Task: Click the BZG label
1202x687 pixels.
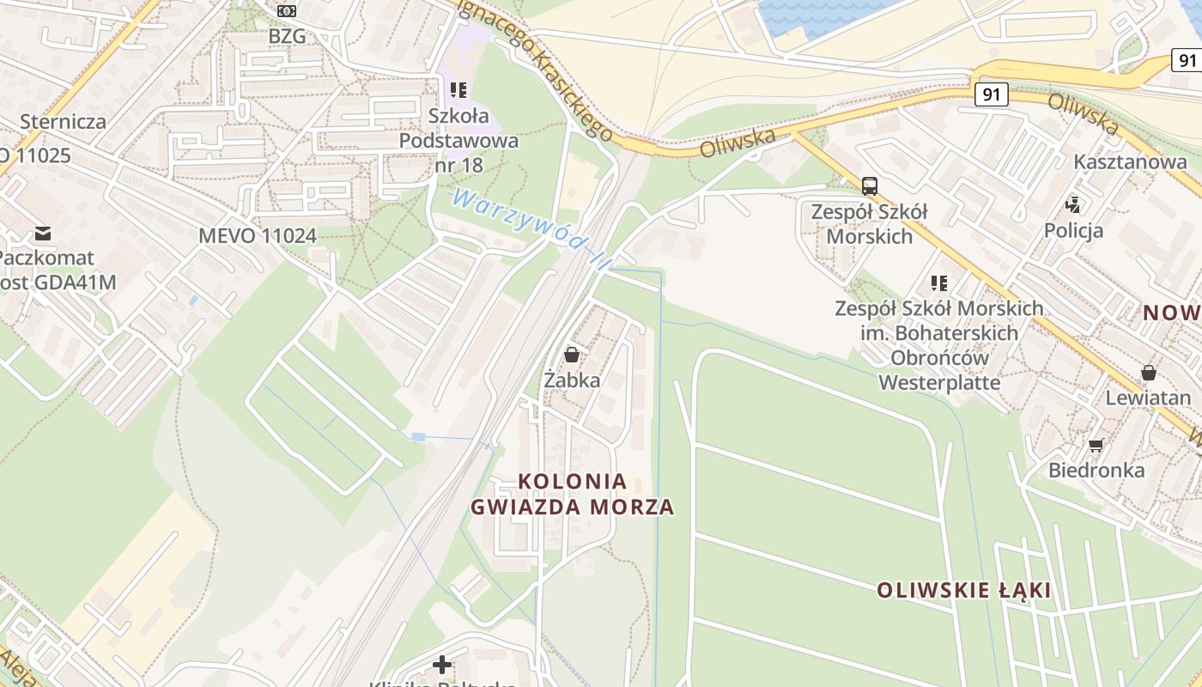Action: click(x=287, y=36)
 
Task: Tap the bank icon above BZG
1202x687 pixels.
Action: click(x=287, y=11)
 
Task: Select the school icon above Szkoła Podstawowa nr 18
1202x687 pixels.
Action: click(x=458, y=89)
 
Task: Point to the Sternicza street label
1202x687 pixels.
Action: click(x=63, y=121)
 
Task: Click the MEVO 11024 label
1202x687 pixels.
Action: click(x=258, y=235)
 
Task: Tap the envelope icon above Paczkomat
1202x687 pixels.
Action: click(x=42, y=233)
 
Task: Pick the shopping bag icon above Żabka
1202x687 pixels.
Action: click(x=572, y=354)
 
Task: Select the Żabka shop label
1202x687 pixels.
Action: click(x=572, y=380)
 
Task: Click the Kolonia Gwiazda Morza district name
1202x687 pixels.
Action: click(x=573, y=494)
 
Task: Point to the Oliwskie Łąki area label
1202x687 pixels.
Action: click(x=963, y=591)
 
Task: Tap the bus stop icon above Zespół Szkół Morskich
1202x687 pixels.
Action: click(x=869, y=185)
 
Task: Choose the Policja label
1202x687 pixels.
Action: click(x=1073, y=230)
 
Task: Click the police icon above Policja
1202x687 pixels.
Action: click(x=1073, y=204)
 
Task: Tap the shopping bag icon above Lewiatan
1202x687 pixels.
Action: click(x=1148, y=373)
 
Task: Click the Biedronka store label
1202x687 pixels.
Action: click(x=1096, y=471)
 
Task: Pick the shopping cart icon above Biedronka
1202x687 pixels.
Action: click(x=1096, y=445)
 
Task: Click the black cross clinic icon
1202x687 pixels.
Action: click(x=442, y=665)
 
